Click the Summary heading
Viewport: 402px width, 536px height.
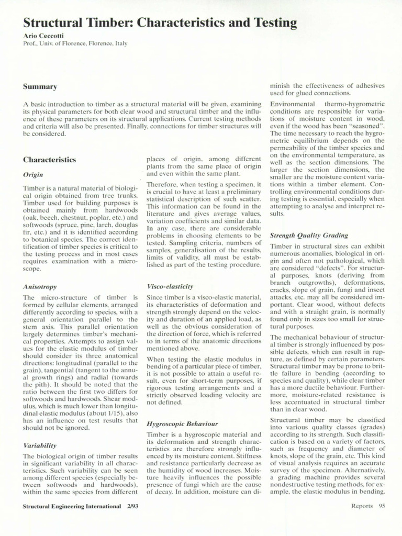pos(40,86)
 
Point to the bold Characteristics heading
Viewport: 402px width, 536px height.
pos(49,159)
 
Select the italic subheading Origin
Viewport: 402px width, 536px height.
pos(33,174)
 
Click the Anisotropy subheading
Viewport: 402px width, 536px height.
pos(40,287)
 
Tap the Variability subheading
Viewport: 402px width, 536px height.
pos(40,445)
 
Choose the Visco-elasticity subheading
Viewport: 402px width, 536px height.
pos(170,287)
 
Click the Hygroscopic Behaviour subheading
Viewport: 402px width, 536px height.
pos(182,423)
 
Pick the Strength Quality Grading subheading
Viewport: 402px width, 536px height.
pos(308,236)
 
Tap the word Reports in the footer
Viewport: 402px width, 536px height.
pos(362,506)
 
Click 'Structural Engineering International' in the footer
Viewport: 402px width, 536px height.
pos(71,506)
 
